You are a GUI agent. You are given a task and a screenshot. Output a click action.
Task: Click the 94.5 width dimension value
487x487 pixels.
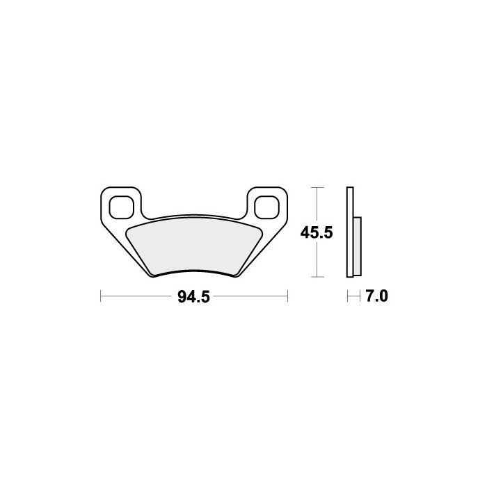coord(194,297)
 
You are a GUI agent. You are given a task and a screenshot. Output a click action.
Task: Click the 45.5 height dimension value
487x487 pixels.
coord(317,232)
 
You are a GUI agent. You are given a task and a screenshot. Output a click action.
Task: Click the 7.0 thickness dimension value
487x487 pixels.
coord(377,296)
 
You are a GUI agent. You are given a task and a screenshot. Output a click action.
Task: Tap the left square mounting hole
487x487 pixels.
coord(122,207)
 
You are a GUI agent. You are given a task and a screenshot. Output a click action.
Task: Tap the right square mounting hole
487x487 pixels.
coord(266,207)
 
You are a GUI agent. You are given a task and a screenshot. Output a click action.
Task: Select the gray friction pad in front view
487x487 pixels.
coord(194,246)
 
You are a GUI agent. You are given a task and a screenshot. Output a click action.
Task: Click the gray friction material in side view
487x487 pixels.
coord(358,246)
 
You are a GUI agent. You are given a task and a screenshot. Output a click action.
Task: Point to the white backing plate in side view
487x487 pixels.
coord(350,232)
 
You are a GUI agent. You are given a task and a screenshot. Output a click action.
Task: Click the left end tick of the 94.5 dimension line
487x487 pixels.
coord(101,296)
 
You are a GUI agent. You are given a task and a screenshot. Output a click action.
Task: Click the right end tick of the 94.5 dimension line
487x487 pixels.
coord(287,296)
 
